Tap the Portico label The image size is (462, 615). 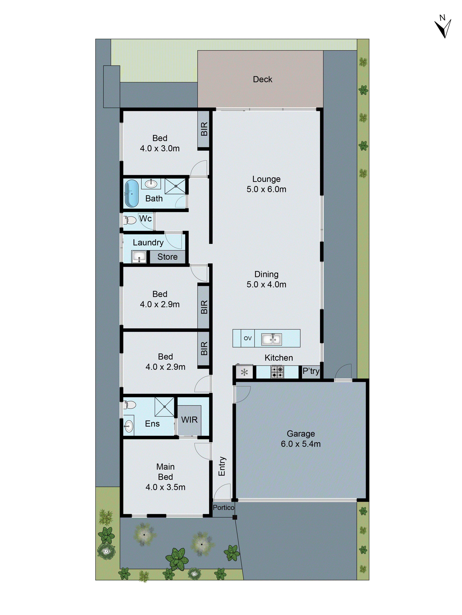click(x=223, y=508)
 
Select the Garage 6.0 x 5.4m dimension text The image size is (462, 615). click(x=301, y=444)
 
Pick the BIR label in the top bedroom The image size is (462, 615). click(x=204, y=129)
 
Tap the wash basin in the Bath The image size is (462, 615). click(x=151, y=184)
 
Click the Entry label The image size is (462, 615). click(x=222, y=466)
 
